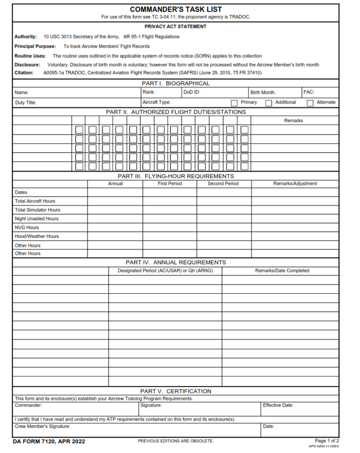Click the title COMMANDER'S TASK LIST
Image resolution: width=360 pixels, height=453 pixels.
[x=176, y=9]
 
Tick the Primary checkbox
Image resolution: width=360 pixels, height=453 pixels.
[x=234, y=103]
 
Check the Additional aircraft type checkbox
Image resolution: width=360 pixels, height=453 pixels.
[x=268, y=103]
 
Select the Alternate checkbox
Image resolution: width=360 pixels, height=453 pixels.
[x=310, y=103]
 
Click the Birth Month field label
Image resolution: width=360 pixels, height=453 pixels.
[x=263, y=92]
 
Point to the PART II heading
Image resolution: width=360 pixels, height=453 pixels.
[x=176, y=112]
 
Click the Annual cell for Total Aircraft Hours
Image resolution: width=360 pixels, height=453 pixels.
[x=115, y=201]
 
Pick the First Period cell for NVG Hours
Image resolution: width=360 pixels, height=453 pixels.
[x=169, y=227]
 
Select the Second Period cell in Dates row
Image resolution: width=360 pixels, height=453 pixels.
[x=224, y=192]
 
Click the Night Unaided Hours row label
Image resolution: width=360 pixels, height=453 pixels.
[x=37, y=219]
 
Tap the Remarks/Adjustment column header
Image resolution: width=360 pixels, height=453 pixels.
[x=295, y=184]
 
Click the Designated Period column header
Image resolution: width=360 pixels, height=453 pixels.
[x=165, y=271]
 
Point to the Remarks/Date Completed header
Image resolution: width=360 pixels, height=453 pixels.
[x=282, y=271]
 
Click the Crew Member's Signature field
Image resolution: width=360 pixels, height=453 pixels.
[x=137, y=430]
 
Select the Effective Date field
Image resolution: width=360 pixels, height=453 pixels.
[x=299, y=409]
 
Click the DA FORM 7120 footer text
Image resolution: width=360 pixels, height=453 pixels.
[x=49, y=441]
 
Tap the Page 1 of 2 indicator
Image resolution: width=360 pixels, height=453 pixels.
[x=326, y=441]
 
